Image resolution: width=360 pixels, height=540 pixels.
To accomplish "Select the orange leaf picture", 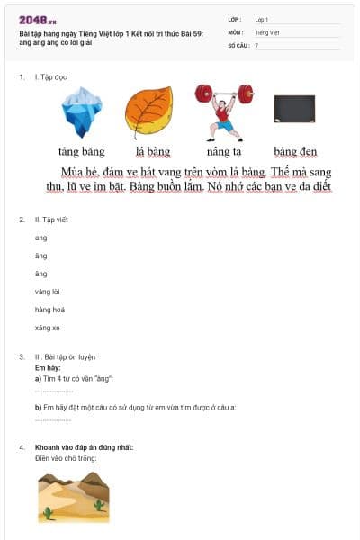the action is (148, 110).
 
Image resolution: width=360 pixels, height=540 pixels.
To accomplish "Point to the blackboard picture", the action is (294, 109).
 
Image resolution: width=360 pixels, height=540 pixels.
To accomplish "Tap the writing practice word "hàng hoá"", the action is (49, 310).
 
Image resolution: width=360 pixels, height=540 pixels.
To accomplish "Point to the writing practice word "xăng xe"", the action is (48, 328).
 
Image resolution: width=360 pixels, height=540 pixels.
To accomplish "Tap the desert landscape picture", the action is (73, 498).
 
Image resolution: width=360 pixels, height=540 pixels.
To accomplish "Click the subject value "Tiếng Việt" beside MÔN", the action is (267, 32).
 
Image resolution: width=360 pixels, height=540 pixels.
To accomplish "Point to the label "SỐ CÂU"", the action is (238, 45).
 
